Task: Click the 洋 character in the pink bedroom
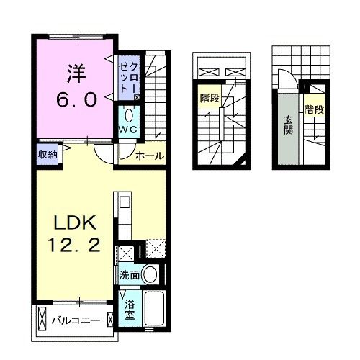coord(76,73)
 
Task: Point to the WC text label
coord(129,130)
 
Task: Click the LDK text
coord(73,220)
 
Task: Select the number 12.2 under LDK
coord(73,246)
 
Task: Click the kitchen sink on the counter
coord(122,201)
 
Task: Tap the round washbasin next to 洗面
coord(150,274)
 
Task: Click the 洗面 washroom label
coord(129,275)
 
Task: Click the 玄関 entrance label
coord(287,127)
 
